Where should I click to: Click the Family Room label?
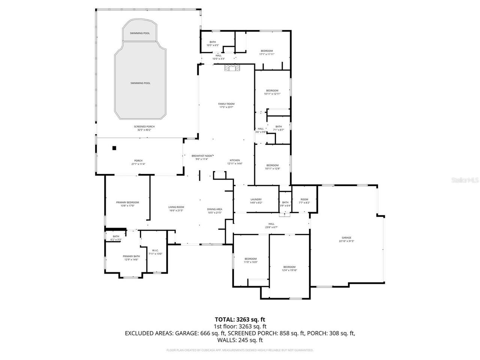pos(226,104)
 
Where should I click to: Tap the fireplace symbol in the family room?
pos(231,68)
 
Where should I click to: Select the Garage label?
pos(346,238)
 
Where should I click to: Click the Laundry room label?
pos(256,199)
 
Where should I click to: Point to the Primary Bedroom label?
pos(127,202)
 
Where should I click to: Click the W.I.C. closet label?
pos(155,250)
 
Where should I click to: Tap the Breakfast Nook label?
pos(202,156)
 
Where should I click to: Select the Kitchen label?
pos(235,160)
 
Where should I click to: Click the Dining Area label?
pos(214,209)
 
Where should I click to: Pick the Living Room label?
pos(176,207)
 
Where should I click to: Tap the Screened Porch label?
pos(144,127)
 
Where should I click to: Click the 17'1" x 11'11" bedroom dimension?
pos(267,54)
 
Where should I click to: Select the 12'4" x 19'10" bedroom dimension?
pos(289,270)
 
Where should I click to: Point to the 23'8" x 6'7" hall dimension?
pos(271,227)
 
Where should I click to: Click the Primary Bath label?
pos(131,256)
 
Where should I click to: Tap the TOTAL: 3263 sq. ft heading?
pos(240,319)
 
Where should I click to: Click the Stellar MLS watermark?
pos(465,180)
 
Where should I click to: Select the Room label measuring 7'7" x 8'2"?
pos(304,199)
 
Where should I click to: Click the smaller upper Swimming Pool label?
pos(139,33)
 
